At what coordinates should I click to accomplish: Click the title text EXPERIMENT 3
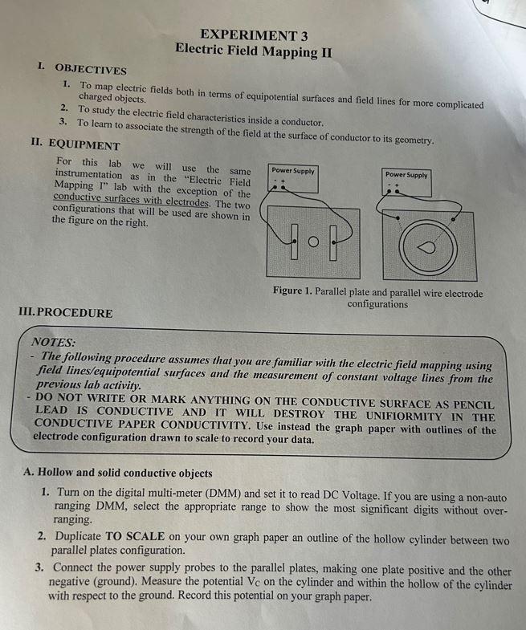tap(254, 35)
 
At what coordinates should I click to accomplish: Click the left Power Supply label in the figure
tap(293, 171)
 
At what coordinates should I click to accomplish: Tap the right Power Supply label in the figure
tap(406, 174)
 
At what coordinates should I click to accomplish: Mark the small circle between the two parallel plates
tap(314, 241)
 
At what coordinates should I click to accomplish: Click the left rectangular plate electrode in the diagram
tap(296, 241)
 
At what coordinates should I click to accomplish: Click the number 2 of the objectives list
tap(63, 109)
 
